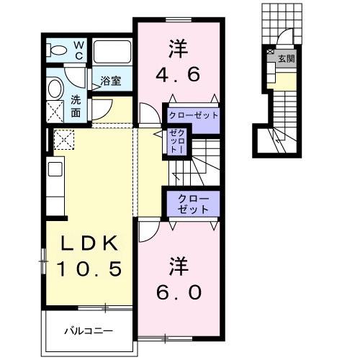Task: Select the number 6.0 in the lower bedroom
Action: (176, 292)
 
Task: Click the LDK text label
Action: (89, 243)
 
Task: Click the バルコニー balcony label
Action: (87, 331)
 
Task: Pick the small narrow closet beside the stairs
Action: (178, 141)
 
